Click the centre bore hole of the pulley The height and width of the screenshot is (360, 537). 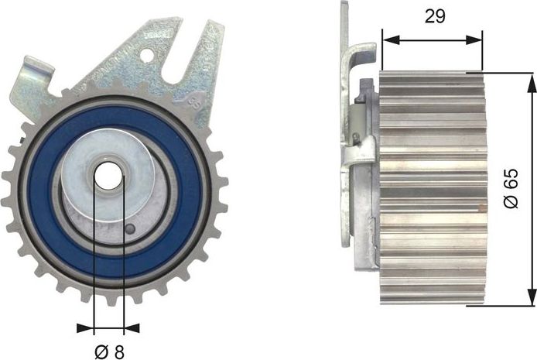click(108, 177)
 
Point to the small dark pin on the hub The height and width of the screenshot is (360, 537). click(132, 229)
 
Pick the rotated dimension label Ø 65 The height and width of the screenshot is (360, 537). click(509, 189)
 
